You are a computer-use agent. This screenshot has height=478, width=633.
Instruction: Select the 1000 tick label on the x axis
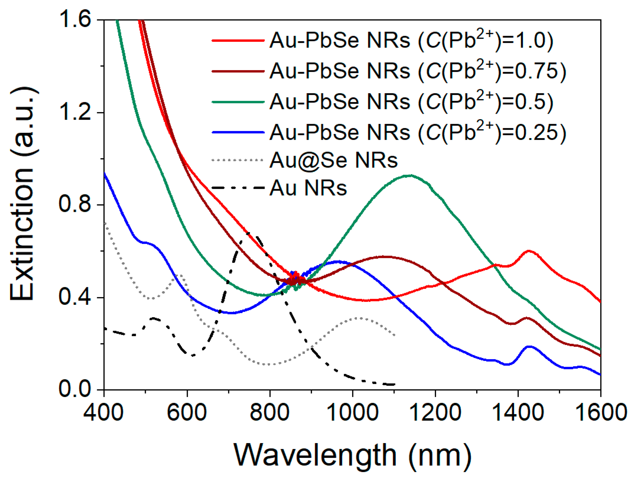coord(353,412)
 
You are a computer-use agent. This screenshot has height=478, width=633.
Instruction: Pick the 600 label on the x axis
coord(187,412)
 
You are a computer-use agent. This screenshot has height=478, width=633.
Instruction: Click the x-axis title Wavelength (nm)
coord(353,455)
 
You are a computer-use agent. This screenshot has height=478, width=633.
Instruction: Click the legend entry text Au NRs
coord(308,188)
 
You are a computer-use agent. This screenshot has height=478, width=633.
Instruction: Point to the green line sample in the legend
coord(238,102)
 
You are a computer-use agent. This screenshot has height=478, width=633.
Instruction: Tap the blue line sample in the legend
coord(238,133)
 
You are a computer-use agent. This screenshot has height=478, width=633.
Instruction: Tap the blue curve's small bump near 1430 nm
coord(529,347)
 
